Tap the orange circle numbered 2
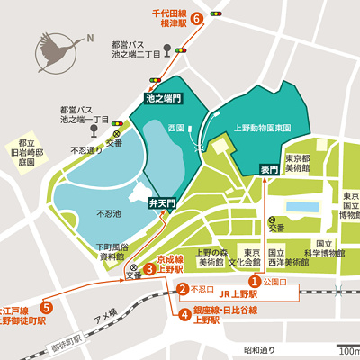(182, 290)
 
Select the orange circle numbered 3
(148, 268)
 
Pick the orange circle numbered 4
(184, 314)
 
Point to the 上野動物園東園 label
(262, 129)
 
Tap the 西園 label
(175, 129)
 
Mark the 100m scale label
(349, 351)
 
